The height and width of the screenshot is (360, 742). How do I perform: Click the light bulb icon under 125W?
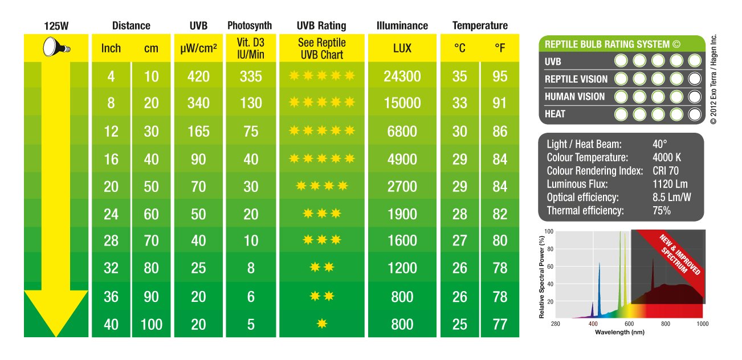coord(56,48)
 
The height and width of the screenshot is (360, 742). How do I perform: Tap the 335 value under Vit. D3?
coord(251,76)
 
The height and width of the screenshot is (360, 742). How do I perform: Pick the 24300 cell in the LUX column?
coord(402,76)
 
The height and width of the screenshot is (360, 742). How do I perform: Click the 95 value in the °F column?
coord(500,76)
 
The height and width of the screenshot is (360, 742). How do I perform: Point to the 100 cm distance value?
coord(151,325)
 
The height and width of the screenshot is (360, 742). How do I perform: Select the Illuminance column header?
coord(402,26)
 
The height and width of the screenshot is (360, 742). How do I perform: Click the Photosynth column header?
coord(250,26)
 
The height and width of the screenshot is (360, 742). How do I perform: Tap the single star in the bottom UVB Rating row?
coord(322,324)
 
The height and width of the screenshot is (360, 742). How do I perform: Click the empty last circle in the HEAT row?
coord(694,114)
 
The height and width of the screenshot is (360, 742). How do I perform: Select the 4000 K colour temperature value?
coord(667,157)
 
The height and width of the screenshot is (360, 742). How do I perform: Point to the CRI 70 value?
coord(666,170)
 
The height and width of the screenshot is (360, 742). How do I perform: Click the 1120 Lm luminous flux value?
coord(670,184)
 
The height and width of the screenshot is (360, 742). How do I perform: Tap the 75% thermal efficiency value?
coord(662,211)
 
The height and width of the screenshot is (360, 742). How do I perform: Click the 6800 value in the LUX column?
coord(402,132)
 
